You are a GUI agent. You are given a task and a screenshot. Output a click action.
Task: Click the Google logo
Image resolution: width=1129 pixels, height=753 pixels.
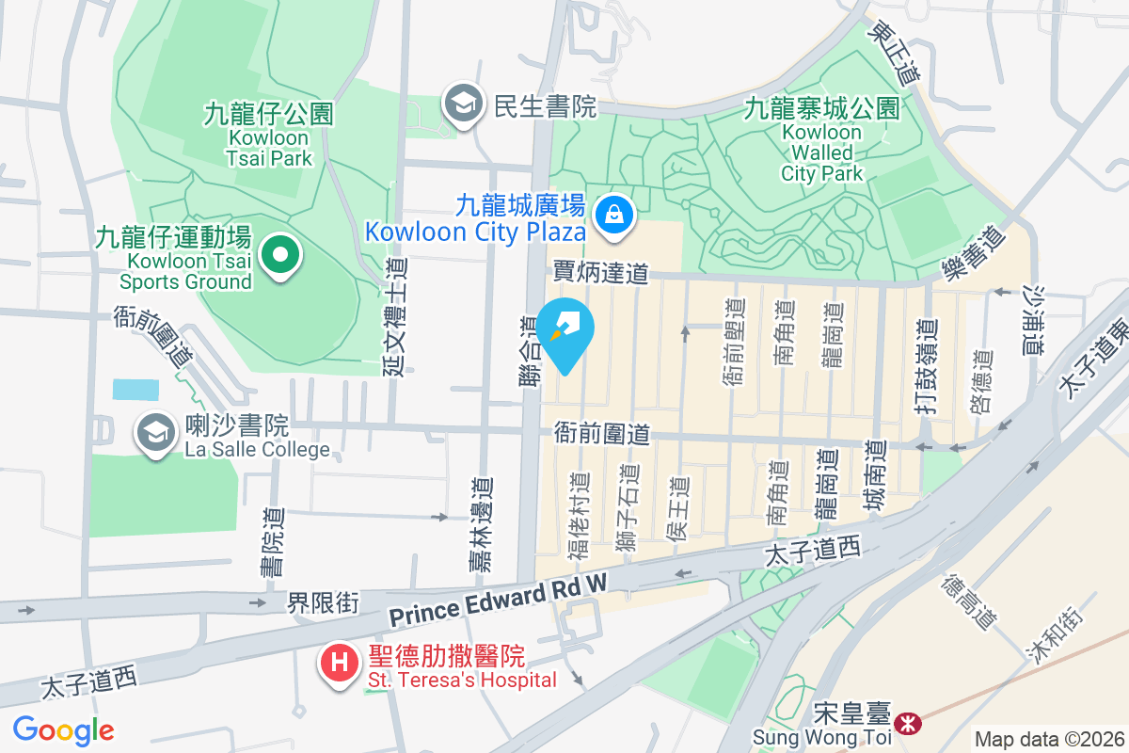[x=63, y=729]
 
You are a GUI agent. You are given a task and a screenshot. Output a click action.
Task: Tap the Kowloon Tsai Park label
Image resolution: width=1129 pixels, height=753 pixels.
[x=269, y=135]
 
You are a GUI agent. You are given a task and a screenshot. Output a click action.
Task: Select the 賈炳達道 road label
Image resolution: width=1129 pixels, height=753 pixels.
[x=600, y=274]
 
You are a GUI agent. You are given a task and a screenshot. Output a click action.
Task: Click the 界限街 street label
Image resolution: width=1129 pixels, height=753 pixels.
[x=323, y=603]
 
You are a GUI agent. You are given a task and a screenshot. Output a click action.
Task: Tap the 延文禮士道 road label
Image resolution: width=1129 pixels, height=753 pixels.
[x=394, y=317]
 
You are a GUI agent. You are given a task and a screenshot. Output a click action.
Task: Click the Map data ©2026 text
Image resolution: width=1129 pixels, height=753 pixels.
[x=1049, y=740]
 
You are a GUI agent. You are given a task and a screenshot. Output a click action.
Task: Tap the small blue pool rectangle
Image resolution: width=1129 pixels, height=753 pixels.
[x=135, y=390]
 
